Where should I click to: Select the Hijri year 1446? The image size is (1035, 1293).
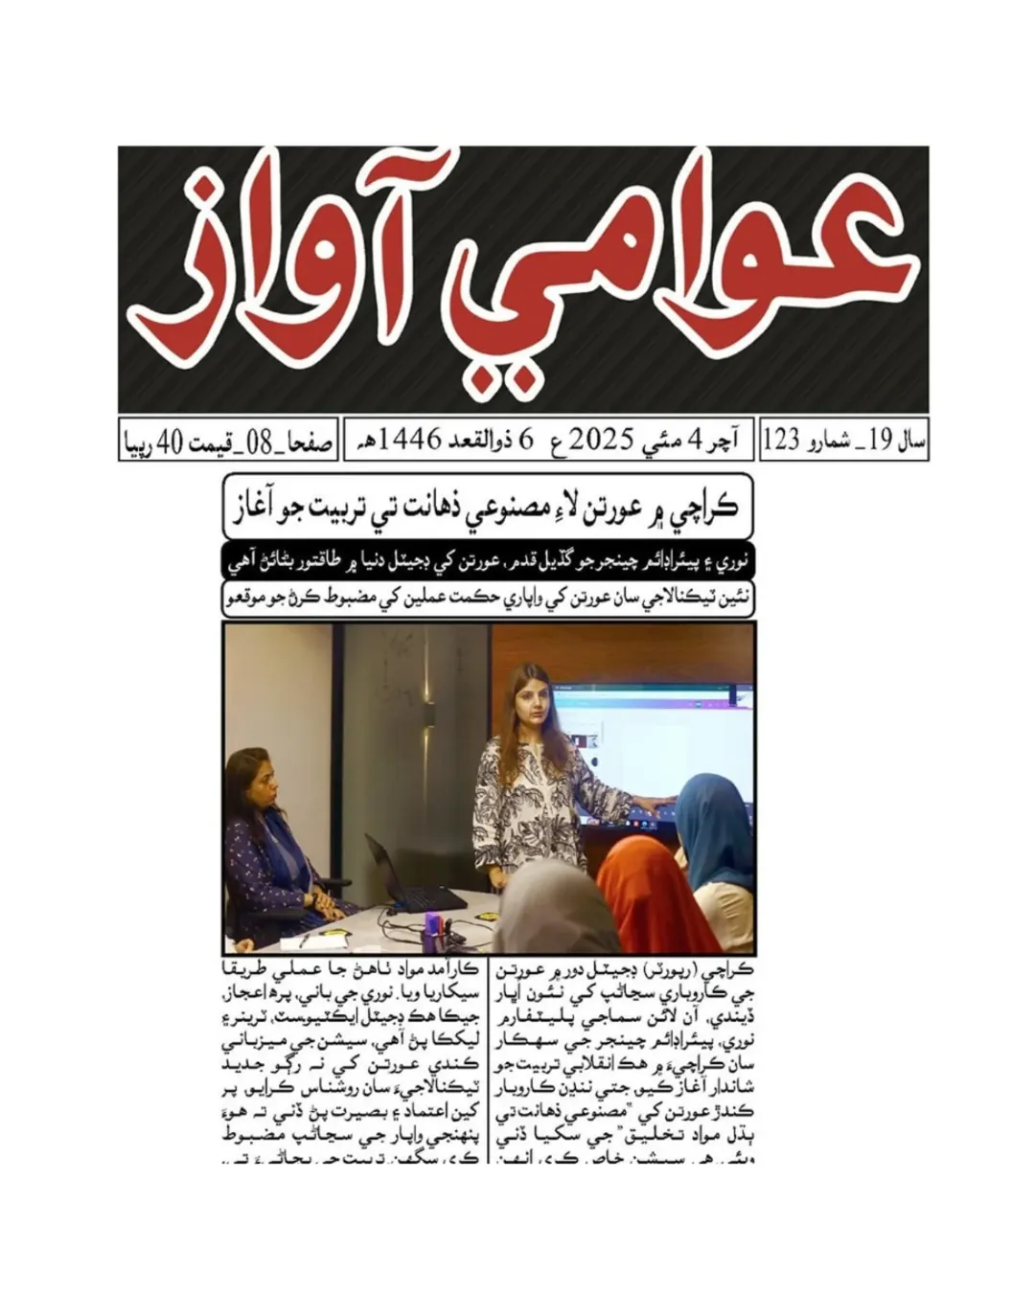[411, 441]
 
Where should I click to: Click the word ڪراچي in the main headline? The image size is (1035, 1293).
[703, 506]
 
